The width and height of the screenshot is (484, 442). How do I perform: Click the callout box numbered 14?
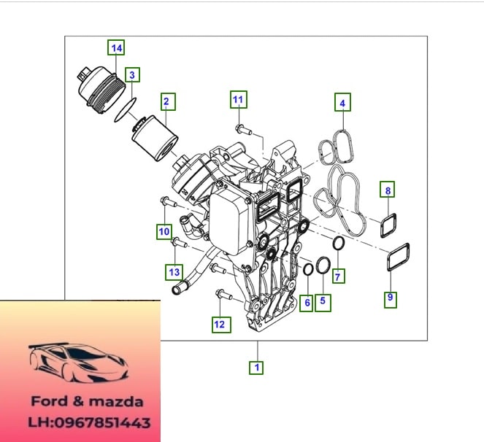(116, 47)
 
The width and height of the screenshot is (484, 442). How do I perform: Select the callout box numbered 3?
(132, 75)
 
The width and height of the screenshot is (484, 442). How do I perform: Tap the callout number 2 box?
(168, 102)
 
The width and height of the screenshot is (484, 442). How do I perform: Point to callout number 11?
(239, 99)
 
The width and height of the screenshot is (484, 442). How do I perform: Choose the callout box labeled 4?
(342, 102)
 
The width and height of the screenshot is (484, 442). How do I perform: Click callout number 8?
(388, 190)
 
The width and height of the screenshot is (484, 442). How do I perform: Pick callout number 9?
(391, 298)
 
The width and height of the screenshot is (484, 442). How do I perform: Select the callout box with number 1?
(256, 368)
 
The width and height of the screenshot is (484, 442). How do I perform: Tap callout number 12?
(221, 325)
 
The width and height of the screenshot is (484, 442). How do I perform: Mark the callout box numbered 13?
(174, 272)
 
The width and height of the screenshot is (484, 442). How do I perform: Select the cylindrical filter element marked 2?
(155, 139)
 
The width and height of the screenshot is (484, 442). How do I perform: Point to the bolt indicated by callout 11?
(244, 130)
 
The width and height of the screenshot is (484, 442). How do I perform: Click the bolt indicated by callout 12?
(224, 294)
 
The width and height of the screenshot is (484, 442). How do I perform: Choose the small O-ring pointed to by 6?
(308, 270)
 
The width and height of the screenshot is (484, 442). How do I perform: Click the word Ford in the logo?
(49, 402)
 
